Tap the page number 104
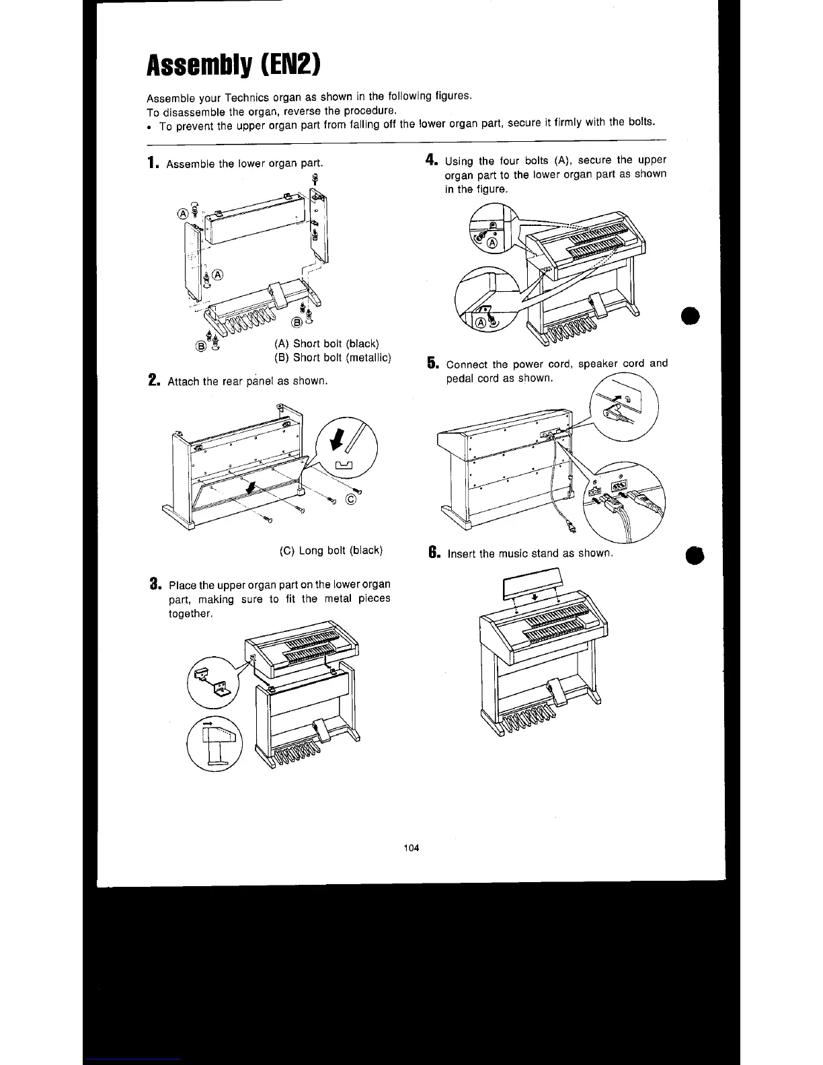click(411, 847)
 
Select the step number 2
click(153, 381)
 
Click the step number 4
click(432, 161)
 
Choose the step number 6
click(434, 553)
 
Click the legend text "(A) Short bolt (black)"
click(327, 344)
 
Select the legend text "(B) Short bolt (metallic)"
click(332, 358)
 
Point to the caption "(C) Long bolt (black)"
click(331, 550)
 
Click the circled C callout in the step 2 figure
click(350, 498)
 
